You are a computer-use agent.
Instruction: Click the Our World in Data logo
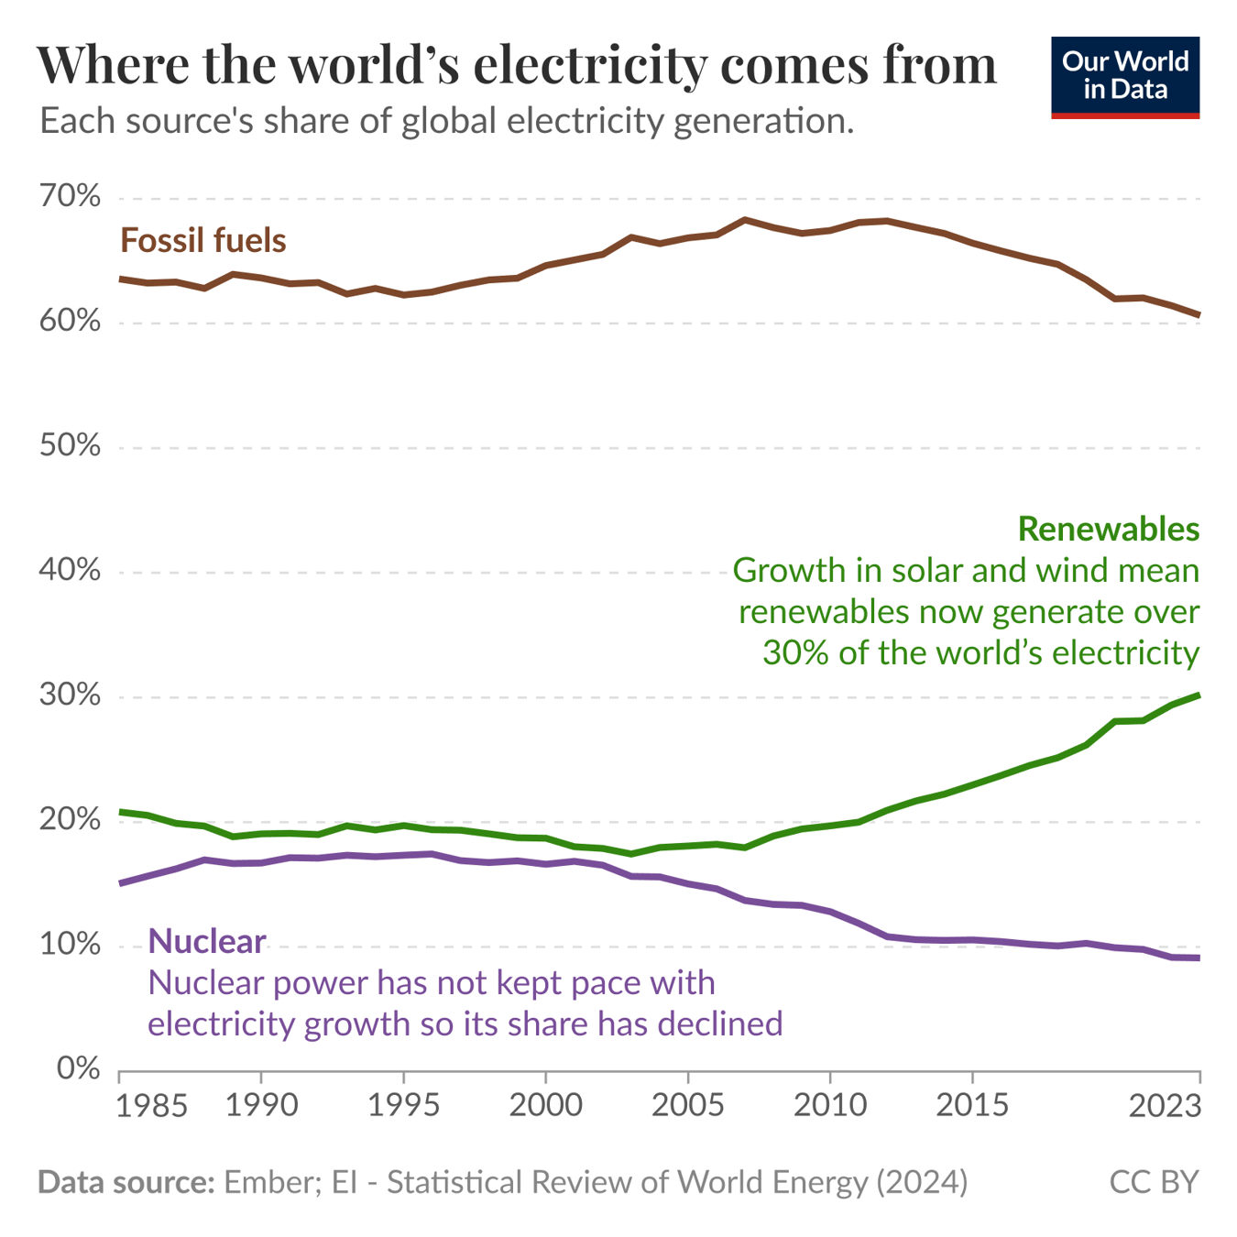click(1124, 77)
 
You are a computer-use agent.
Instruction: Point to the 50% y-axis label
click(70, 446)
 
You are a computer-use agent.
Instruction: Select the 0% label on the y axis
click(78, 1068)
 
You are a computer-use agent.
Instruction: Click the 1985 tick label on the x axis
click(152, 1105)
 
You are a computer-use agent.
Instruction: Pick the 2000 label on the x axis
click(545, 1105)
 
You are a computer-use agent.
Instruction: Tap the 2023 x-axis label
click(1165, 1105)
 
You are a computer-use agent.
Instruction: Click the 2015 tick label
click(971, 1105)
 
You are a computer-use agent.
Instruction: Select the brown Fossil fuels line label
click(203, 241)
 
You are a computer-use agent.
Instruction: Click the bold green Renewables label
click(1108, 529)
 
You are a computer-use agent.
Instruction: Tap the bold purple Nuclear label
click(207, 941)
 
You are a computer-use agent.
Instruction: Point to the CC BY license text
click(1154, 1182)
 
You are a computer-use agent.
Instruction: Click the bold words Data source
click(126, 1182)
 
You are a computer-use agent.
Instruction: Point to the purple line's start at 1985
click(121, 883)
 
